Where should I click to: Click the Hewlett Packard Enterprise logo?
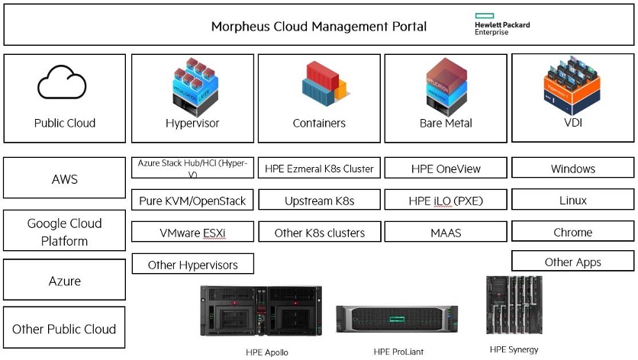pos(501,24)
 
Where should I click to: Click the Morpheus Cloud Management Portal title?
pos(319,27)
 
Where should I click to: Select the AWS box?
pos(64,180)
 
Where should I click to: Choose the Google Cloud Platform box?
pos(64,232)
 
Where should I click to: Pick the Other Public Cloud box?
pos(64,329)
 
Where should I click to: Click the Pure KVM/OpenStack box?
pos(192,201)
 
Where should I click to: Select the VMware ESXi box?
pos(192,233)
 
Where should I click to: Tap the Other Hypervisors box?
pos(192,265)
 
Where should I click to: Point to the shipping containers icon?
pos(319,83)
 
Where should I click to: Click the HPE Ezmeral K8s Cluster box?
pos(319,169)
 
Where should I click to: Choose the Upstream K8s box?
pos(319,201)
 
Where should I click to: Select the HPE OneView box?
pos(446,169)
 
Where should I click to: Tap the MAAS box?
pos(446,233)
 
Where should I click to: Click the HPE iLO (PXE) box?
pos(446,201)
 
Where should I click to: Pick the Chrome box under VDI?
pos(572,233)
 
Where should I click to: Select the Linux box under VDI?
pos(572,201)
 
